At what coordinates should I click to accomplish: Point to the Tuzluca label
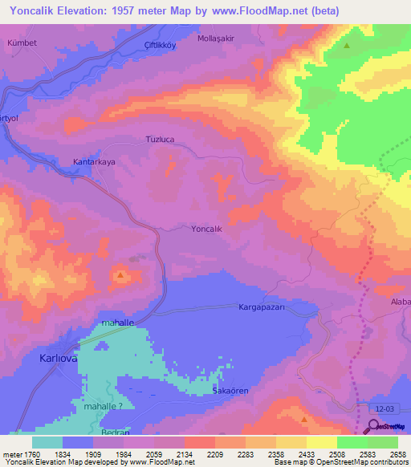tap(160, 139)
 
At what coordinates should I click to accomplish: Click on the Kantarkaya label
tap(95, 162)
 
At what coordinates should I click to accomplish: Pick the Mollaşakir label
tap(216, 38)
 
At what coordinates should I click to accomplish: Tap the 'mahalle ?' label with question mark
tap(104, 407)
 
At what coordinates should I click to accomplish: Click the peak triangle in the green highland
tap(347, 46)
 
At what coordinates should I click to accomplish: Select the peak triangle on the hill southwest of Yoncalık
tap(120, 276)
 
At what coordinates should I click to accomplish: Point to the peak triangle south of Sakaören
tap(303, 418)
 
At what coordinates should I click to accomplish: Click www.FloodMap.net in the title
tap(266, 10)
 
